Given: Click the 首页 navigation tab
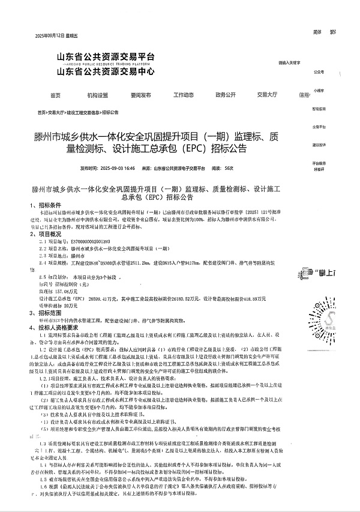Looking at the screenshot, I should (55, 95).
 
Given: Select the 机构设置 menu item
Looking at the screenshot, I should (97, 95).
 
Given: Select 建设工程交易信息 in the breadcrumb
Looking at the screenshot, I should (83, 112).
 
